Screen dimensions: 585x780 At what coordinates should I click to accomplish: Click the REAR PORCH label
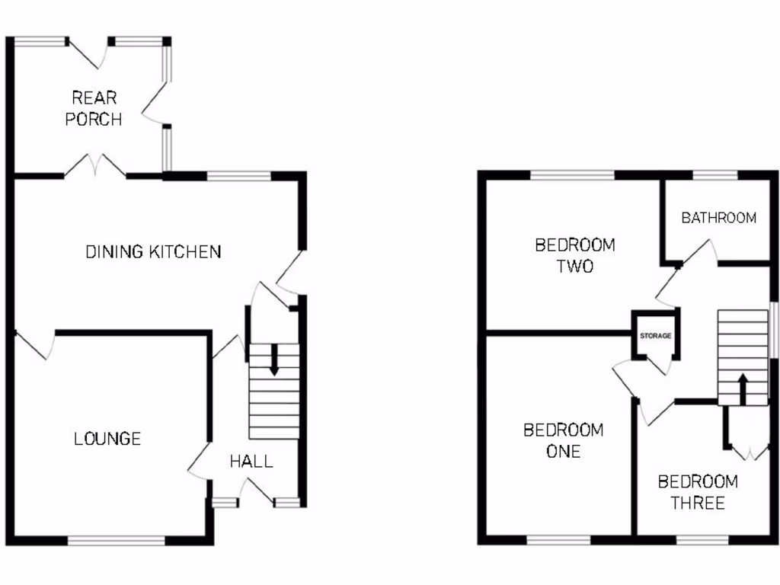[94, 108]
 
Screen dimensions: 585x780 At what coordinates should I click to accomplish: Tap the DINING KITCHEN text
[153, 251]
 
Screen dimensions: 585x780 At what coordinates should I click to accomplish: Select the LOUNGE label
[107, 439]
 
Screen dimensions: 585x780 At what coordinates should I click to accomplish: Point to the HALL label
[251, 461]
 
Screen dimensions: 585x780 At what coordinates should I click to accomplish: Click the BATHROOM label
[718, 218]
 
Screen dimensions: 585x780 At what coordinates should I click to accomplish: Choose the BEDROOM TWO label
[575, 256]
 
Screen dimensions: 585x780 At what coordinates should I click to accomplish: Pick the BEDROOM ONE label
[563, 440]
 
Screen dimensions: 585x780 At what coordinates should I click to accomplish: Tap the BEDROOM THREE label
[698, 492]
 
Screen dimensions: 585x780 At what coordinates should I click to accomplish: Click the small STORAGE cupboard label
[655, 335]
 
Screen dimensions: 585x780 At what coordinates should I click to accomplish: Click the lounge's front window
[116, 541]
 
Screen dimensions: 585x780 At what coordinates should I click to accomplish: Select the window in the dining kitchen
[238, 177]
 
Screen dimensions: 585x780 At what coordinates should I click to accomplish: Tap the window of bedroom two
[572, 176]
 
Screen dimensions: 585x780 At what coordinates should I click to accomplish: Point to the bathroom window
[715, 176]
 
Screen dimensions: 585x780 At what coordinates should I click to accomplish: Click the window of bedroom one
[558, 541]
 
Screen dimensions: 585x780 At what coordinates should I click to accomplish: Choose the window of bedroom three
[702, 541]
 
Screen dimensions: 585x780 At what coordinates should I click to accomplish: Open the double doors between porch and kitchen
[95, 166]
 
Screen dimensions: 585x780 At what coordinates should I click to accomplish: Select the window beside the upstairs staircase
[772, 329]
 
